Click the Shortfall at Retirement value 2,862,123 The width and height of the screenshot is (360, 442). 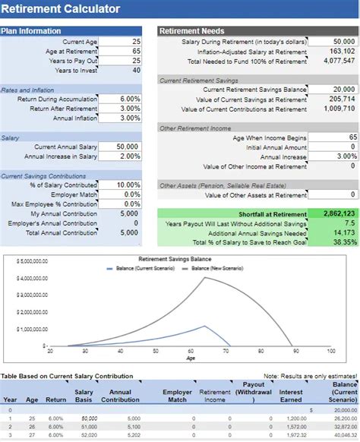pos(333,215)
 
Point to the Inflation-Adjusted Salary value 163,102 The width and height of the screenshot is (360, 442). pos(333,52)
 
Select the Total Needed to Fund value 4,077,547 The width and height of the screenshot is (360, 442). pos(333,62)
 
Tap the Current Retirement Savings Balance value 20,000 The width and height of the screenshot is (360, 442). pos(333,90)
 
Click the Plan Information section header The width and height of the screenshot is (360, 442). pos(31,31)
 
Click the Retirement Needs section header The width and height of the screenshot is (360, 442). pos(189,31)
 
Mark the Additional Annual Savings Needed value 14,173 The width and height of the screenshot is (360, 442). pos(333,233)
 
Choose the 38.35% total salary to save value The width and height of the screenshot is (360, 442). pos(333,242)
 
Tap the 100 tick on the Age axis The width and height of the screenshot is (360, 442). pos(331,351)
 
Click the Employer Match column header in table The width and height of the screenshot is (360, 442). pos(177,396)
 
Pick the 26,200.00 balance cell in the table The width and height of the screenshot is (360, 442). pos(343,418)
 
